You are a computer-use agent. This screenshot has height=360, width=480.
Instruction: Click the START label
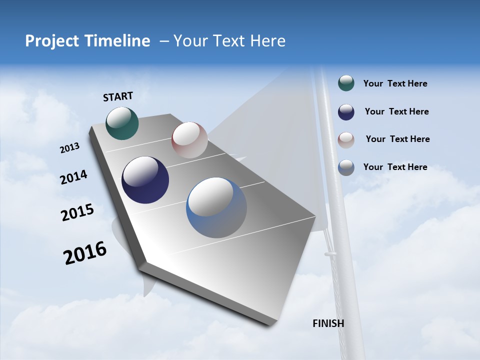(x=118, y=96)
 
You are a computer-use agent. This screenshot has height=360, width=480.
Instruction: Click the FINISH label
(x=328, y=323)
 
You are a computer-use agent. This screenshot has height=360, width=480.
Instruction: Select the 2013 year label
(x=69, y=148)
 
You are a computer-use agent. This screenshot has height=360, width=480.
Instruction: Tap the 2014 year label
(x=73, y=177)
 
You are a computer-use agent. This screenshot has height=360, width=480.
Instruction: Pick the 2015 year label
(x=77, y=212)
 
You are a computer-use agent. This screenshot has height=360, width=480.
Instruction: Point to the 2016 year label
(x=85, y=253)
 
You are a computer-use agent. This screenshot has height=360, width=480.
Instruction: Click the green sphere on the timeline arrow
(x=122, y=123)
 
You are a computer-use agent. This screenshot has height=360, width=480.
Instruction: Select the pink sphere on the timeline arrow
(x=189, y=140)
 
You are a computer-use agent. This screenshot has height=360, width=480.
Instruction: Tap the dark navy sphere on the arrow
(x=145, y=180)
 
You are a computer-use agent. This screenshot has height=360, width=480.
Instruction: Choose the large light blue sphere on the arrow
(x=216, y=207)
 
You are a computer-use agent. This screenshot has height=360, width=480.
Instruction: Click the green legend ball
(x=346, y=83)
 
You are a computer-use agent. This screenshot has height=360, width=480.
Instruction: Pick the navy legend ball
(x=346, y=112)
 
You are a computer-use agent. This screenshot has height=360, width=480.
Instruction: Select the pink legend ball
(x=346, y=139)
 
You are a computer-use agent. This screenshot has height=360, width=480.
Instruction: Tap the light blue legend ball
(x=346, y=167)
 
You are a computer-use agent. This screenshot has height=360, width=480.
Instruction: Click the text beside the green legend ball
(x=395, y=83)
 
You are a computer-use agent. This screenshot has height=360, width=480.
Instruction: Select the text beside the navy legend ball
(x=396, y=111)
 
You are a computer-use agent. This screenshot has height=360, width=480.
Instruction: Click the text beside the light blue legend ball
(x=395, y=167)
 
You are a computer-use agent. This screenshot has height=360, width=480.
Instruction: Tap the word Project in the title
(x=52, y=41)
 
